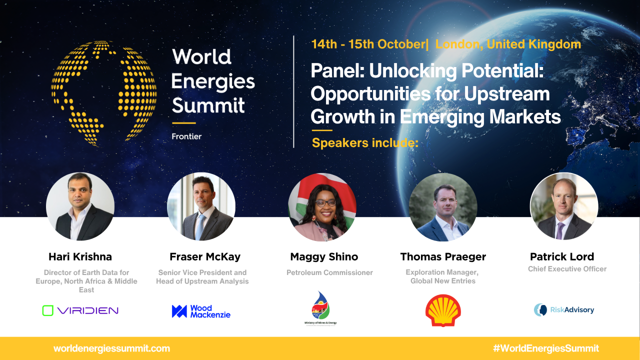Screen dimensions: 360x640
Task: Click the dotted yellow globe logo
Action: (103, 93)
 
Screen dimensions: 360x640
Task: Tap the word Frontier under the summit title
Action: (186, 136)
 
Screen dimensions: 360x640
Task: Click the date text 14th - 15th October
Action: (367, 44)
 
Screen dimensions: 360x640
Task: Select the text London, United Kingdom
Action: (508, 44)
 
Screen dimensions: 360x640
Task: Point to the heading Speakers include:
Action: (365, 143)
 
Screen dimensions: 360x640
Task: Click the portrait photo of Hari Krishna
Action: (80, 206)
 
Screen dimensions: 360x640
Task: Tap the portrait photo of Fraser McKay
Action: (201, 206)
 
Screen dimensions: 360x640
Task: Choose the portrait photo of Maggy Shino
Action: (322, 207)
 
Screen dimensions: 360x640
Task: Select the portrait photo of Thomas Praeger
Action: (443, 207)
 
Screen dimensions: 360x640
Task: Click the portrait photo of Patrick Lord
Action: (564, 206)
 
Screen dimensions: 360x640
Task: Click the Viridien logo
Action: (80, 310)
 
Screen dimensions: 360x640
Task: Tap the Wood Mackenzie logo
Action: (201, 311)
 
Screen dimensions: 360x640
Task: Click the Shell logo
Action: (443, 310)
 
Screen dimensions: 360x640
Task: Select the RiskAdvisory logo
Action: (564, 310)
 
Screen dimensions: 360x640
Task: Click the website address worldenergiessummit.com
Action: (111, 348)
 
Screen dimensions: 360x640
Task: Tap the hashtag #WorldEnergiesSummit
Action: (545, 348)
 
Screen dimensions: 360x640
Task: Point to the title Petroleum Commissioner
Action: (329, 272)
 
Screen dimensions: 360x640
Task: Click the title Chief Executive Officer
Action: (567, 269)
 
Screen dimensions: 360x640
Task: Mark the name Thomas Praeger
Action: (443, 257)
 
